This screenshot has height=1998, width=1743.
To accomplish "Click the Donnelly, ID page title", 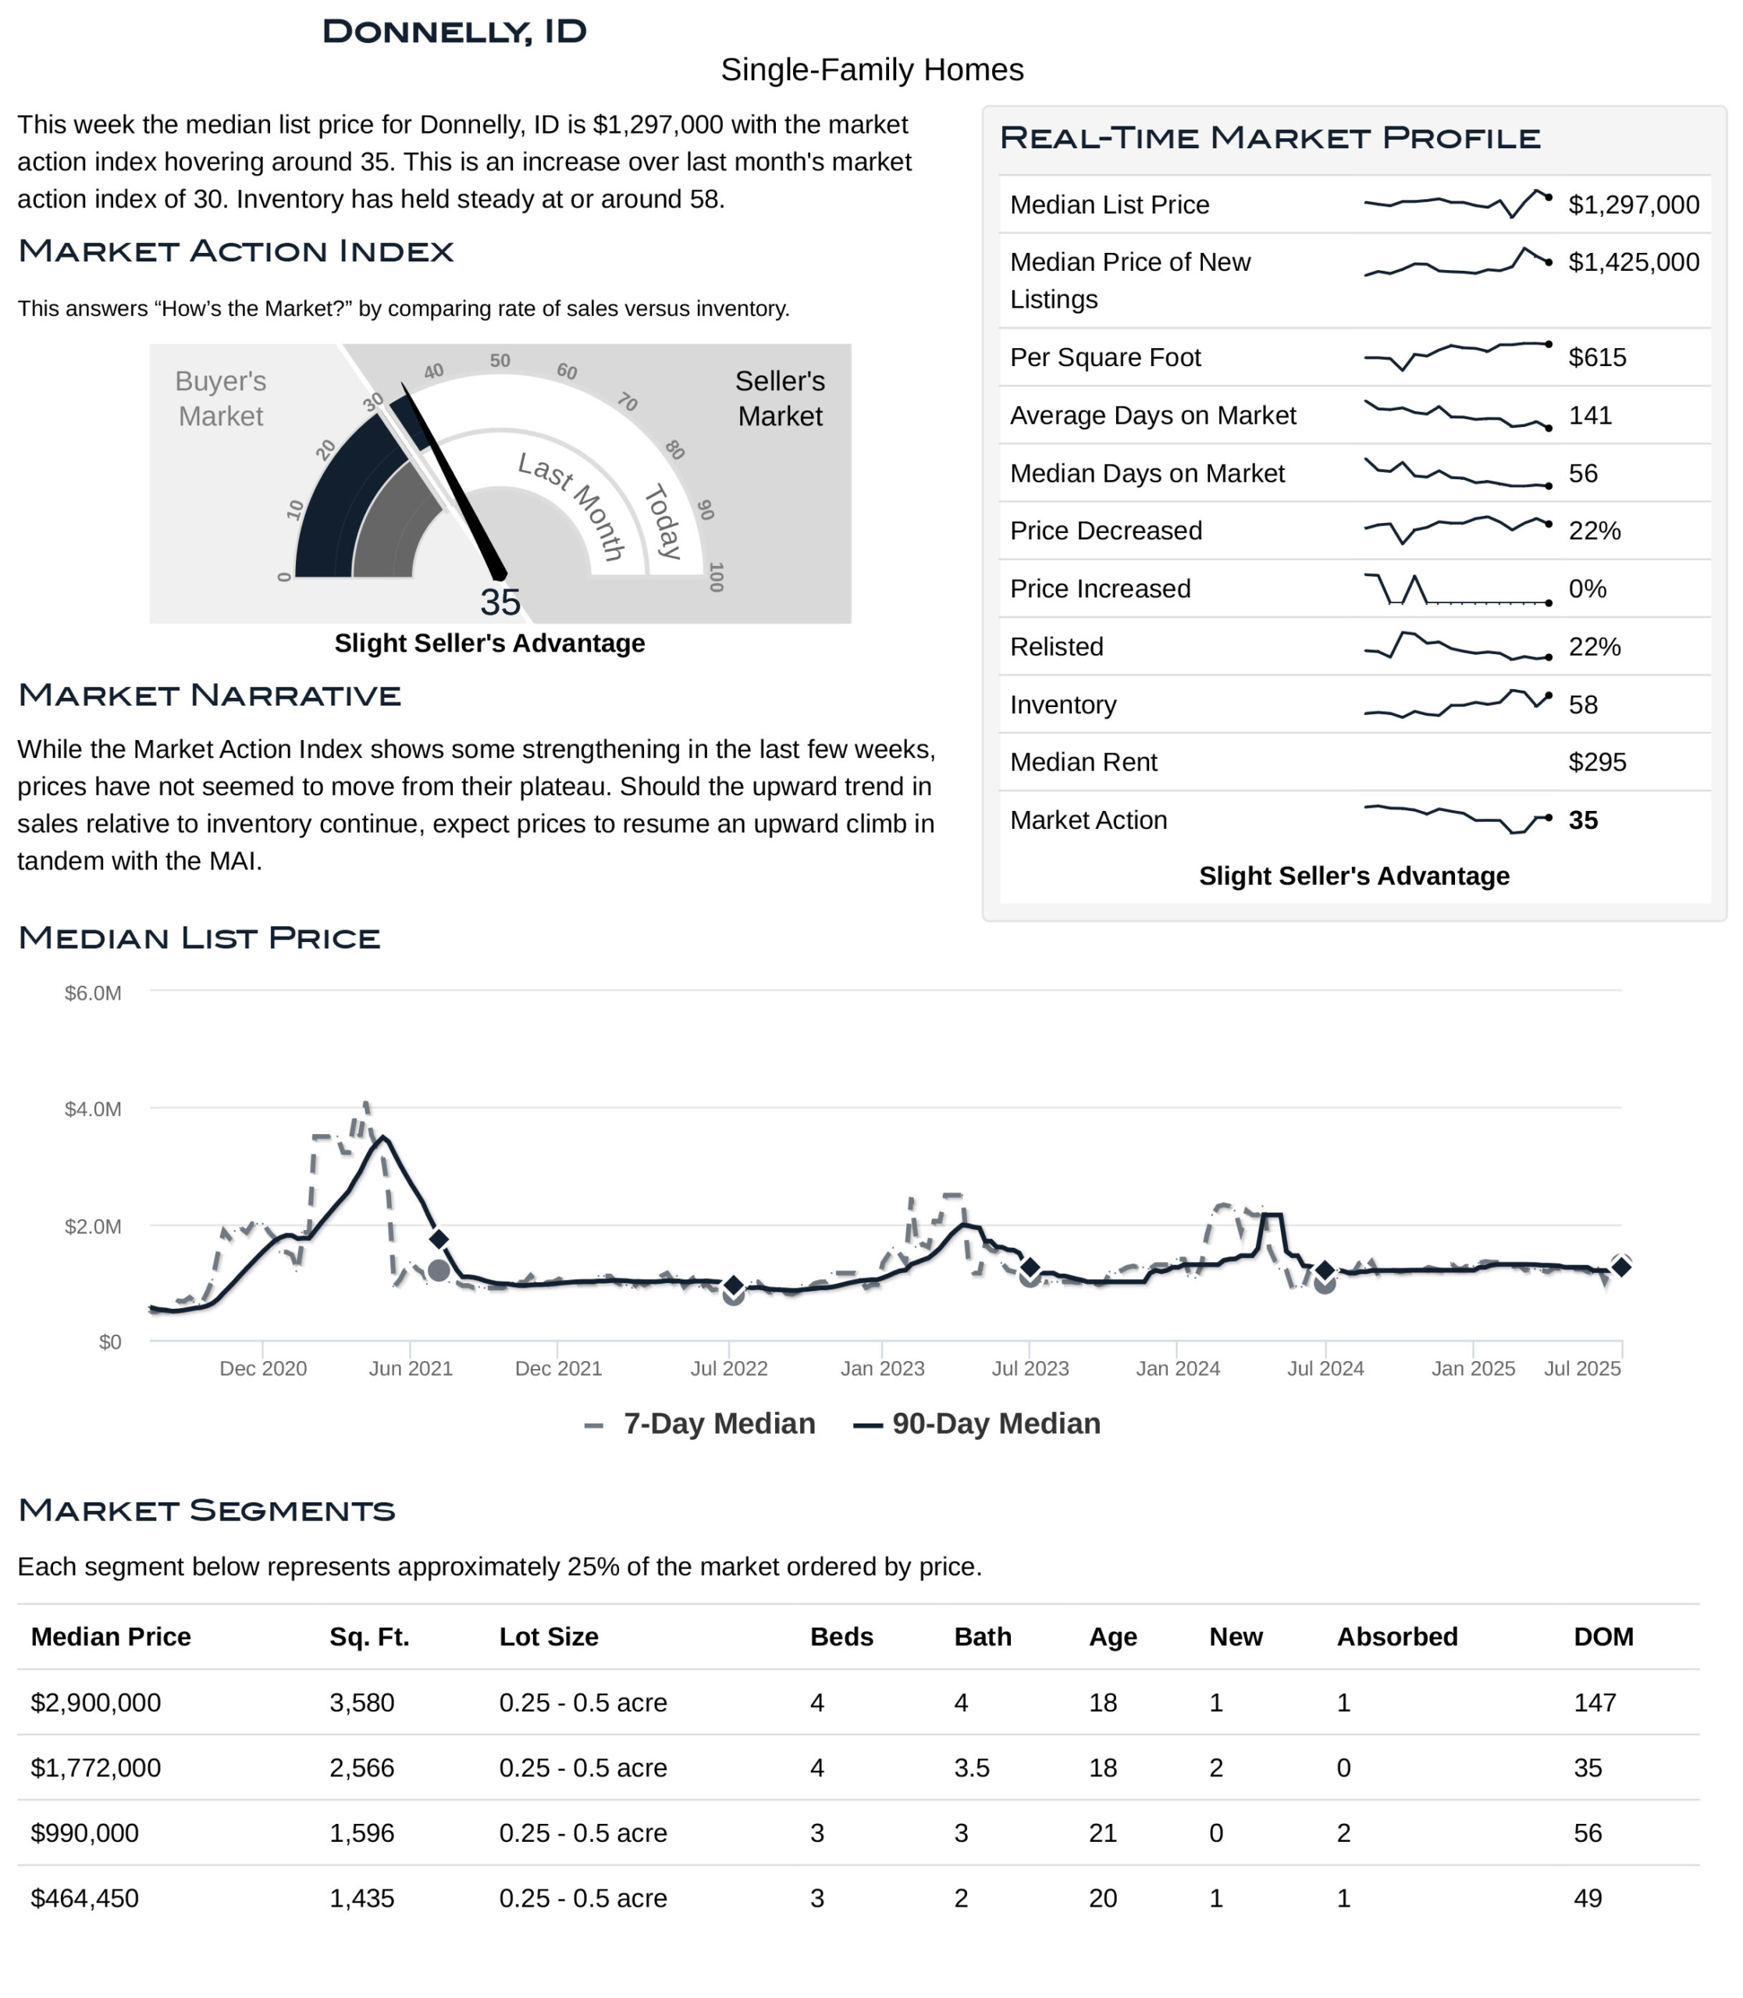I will [454, 31].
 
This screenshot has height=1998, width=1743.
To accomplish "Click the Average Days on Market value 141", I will [1590, 415].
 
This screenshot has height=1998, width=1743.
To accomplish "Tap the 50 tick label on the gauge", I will [500, 361].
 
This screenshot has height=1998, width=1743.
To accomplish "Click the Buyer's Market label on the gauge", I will [221, 399].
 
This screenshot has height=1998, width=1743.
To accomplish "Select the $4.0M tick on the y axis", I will [94, 1109].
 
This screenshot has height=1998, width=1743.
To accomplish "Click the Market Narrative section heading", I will [209, 695].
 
